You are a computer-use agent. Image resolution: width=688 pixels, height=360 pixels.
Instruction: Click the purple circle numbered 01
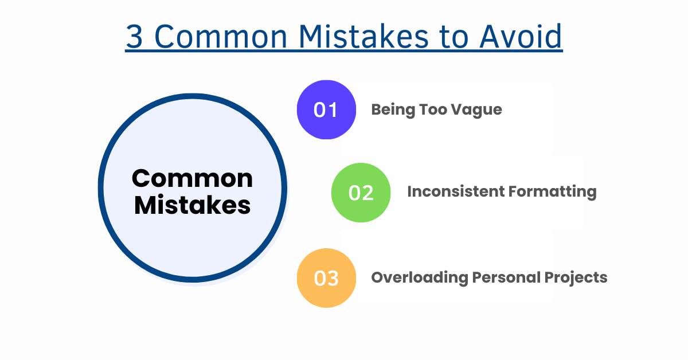tap(326, 109)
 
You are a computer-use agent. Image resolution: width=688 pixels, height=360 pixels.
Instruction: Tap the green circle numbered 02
tap(361, 193)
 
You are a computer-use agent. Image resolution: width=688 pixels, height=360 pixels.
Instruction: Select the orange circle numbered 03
tap(326, 278)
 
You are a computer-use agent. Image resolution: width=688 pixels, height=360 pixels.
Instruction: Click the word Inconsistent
tap(456, 191)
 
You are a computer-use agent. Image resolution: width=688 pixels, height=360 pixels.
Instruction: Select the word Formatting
tap(553, 192)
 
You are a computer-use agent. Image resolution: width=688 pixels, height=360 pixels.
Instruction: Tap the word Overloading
tap(420, 278)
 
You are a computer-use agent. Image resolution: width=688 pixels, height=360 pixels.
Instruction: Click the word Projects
tap(576, 278)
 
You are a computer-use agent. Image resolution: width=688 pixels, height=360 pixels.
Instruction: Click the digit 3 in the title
tap(134, 37)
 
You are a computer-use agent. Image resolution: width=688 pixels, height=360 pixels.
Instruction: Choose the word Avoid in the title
tap(521, 36)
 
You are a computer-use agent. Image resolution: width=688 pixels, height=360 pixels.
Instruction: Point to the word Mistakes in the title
tap(363, 36)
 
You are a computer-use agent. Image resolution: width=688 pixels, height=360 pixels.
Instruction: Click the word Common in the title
tap(221, 37)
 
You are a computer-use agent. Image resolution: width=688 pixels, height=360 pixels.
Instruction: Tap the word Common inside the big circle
tap(192, 178)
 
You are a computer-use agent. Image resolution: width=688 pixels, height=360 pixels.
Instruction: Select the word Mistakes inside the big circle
tap(192, 205)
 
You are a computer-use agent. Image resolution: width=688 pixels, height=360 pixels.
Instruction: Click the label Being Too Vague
tap(437, 110)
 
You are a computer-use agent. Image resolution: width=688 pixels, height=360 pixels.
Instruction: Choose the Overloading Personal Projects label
tap(489, 278)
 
